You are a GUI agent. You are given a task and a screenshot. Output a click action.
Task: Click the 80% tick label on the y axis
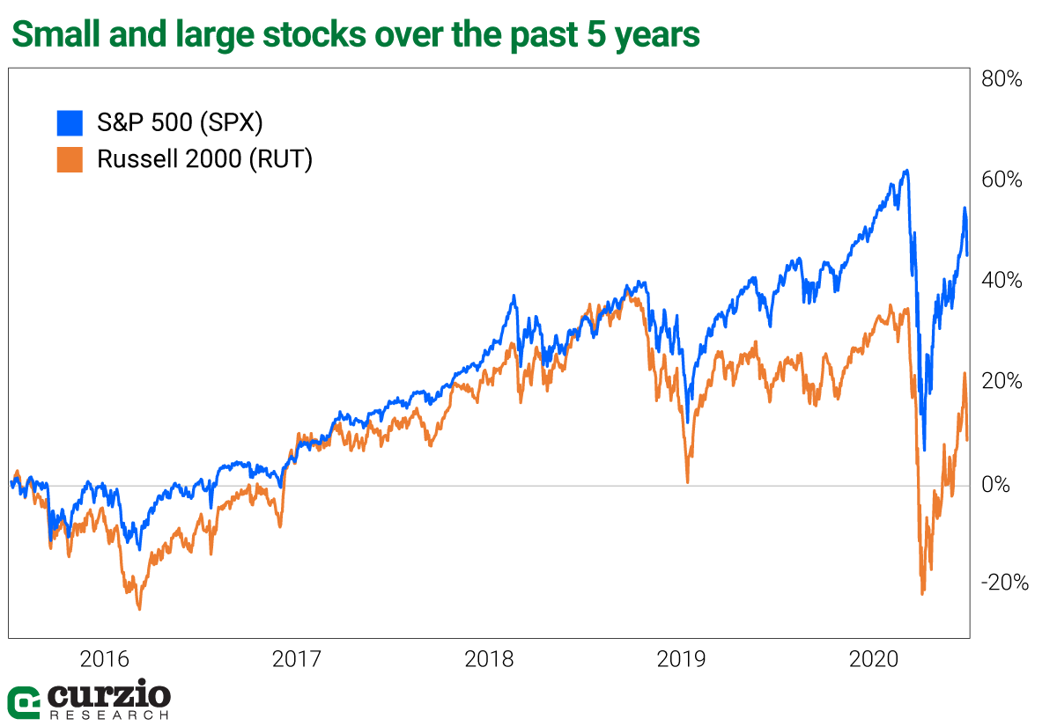(x=1002, y=79)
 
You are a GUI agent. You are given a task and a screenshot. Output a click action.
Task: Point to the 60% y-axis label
(x=1002, y=180)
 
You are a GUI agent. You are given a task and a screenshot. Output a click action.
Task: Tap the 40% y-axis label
(x=1002, y=281)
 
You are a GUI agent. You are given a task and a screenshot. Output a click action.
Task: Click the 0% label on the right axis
(x=996, y=485)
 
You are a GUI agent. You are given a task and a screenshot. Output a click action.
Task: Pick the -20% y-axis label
(x=1003, y=583)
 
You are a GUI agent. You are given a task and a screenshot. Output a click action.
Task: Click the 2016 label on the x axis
(x=104, y=659)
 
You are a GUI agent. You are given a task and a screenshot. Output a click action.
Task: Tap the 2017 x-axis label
(x=297, y=659)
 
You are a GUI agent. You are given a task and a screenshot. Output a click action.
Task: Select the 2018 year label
(x=490, y=659)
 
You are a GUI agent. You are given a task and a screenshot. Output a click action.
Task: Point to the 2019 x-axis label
(x=683, y=659)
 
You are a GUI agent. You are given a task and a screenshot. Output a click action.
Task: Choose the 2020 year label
(x=876, y=659)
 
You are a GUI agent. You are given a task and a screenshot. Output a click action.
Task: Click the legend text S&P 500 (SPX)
(x=180, y=123)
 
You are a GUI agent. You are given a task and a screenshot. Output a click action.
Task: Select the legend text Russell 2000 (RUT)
(x=204, y=160)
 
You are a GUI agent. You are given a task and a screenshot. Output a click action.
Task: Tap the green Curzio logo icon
(x=23, y=701)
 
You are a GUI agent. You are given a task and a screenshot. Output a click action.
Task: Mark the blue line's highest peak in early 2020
(x=905, y=171)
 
